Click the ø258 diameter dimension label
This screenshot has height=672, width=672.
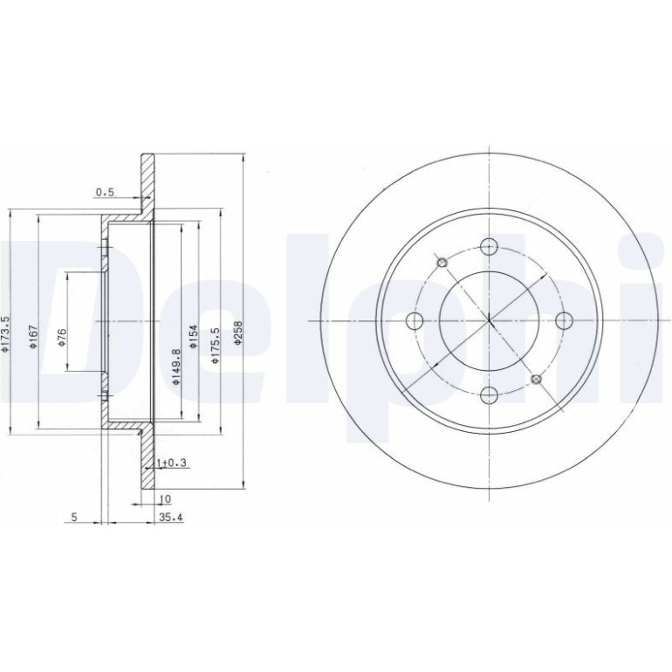(x=239, y=333)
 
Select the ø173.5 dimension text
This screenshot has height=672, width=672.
(x=5, y=335)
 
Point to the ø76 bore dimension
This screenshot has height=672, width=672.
(x=62, y=338)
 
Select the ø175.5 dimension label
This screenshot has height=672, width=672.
(x=216, y=346)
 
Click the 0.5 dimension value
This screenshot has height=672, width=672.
(x=105, y=192)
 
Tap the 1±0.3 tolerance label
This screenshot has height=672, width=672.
(x=173, y=463)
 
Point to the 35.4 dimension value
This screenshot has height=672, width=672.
(x=171, y=518)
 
